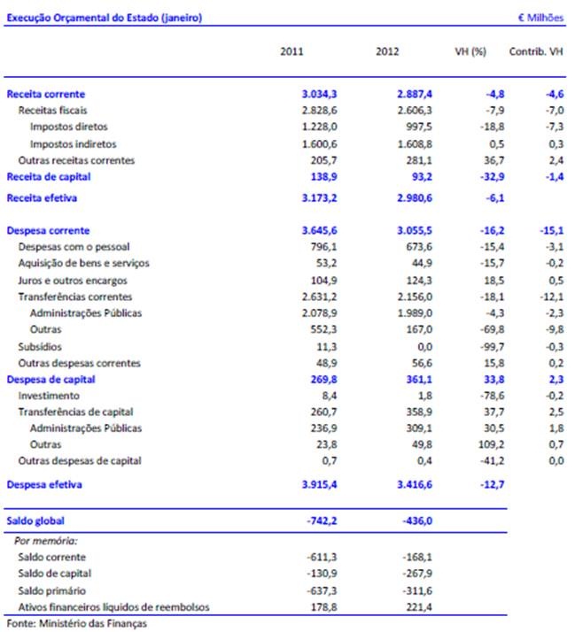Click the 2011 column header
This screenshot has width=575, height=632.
point(291,51)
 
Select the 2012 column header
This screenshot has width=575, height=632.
point(387,51)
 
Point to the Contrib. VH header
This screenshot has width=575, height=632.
point(536,51)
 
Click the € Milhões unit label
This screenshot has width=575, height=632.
point(540,18)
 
